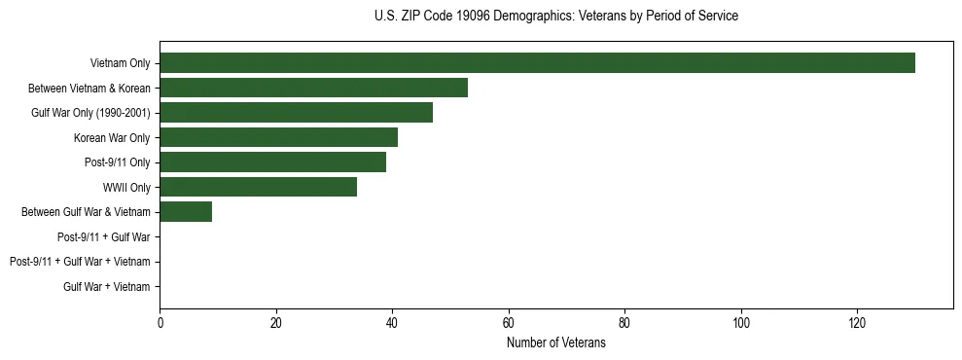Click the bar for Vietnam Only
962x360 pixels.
coord(537,63)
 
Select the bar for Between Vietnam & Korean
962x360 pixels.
coord(313,88)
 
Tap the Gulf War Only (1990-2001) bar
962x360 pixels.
coord(296,113)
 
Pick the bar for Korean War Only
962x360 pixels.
coord(278,137)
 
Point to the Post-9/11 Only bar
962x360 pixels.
coord(272,162)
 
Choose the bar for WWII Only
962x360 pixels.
coord(258,187)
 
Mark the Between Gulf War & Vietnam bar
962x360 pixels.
coord(186,212)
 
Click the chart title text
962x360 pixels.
coord(555,17)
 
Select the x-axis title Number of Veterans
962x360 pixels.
coord(555,343)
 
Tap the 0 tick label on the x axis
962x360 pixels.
coord(160,323)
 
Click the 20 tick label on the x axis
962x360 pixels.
coord(276,323)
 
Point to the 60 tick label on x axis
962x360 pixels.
coord(509,323)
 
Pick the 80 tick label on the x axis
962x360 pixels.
coord(624,323)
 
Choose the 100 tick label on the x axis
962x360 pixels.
coord(741,323)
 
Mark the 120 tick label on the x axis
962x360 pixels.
coord(857,323)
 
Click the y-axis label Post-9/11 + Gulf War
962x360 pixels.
coord(104,236)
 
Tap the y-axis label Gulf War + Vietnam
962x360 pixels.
coord(107,286)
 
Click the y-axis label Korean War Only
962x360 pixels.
coord(112,137)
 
